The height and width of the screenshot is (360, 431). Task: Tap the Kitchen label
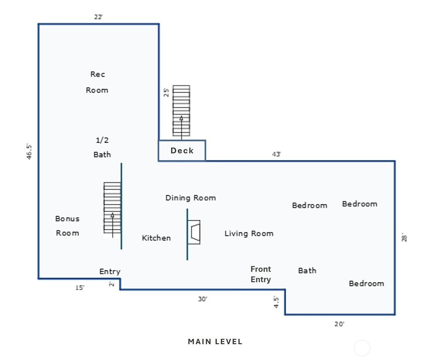(x=156, y=238)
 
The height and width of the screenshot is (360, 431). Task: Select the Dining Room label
(x=190, y=198)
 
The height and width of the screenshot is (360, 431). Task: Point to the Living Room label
(x=249, y=234)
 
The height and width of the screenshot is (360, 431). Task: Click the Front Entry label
(x=260, y=274)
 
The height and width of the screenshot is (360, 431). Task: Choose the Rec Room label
(x=97, y=82)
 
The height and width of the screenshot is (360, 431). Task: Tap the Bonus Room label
(x=67, y=226)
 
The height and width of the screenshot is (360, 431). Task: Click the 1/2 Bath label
(x=102, y=147)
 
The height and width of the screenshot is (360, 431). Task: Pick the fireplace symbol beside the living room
(x=194, y=232)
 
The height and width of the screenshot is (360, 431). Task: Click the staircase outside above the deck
(x=181, y=111)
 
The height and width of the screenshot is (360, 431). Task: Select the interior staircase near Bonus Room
(x=112, y=208)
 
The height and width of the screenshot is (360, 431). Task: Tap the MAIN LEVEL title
(x=215, y=342)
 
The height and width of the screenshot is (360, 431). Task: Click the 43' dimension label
(x=276, y=154)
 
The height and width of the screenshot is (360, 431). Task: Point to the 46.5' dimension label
(x=29, y=151)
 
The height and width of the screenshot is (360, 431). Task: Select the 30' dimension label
(x=203, y=299)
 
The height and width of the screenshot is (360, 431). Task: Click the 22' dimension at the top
(x=98, y=17)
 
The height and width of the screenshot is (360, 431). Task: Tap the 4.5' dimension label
(x=276, y=302)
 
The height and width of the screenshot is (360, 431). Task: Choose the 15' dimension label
(x=80, y=288)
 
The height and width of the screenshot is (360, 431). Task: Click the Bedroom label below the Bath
(x=367, y=283)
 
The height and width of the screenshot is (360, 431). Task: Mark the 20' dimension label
(x=339, y=324)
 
